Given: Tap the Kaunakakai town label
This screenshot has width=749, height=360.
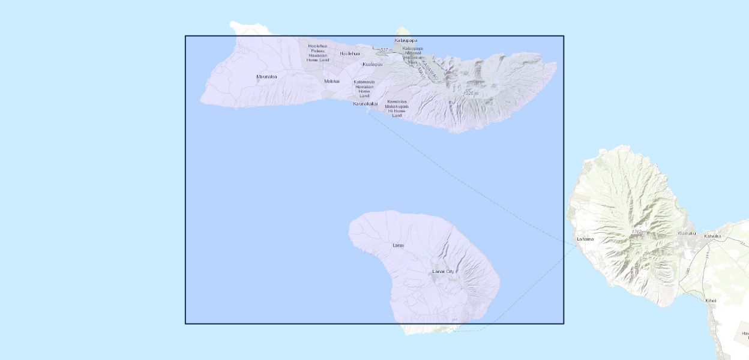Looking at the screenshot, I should click(365, 104).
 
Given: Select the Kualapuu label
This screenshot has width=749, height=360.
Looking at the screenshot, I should click(373, 64).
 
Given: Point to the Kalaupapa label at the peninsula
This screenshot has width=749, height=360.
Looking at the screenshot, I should click(406, 41).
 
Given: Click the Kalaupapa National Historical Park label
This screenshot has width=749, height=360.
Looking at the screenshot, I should click(412, 55).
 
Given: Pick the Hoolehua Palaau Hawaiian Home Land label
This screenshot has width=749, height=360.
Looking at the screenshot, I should click(318, 53).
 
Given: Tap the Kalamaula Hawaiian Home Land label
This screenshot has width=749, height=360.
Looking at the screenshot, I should click(364, 89).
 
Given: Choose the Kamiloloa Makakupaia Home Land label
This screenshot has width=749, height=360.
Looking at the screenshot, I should click(397, 109).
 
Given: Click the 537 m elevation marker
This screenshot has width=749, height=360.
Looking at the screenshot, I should click(386, 50).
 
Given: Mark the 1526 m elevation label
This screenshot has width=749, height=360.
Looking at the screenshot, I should click(471, 93).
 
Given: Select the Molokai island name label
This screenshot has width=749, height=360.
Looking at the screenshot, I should click(332, 81).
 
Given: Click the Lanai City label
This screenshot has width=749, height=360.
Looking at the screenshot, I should click(444, 271).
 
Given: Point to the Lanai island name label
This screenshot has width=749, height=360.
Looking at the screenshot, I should click(398, 245).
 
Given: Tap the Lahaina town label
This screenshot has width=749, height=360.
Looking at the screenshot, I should click(585, 239).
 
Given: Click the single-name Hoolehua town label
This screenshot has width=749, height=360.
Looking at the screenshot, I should click(350, 53).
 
